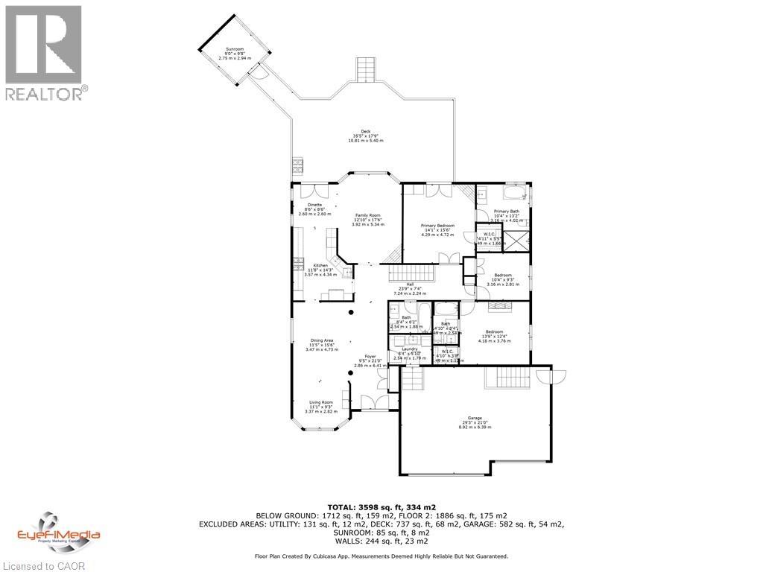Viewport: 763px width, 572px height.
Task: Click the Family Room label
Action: point(367,217)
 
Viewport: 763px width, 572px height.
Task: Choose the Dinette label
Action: point(314,207)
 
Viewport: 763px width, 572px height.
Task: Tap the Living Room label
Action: point(321,406)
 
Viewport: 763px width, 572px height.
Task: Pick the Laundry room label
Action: point(409,352)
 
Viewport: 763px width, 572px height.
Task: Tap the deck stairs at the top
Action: point(364,71)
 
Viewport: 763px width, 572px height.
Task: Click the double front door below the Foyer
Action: point(369,402)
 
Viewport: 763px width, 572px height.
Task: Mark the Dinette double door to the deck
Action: point(306,190)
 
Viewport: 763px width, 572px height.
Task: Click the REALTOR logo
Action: point(43,52)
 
